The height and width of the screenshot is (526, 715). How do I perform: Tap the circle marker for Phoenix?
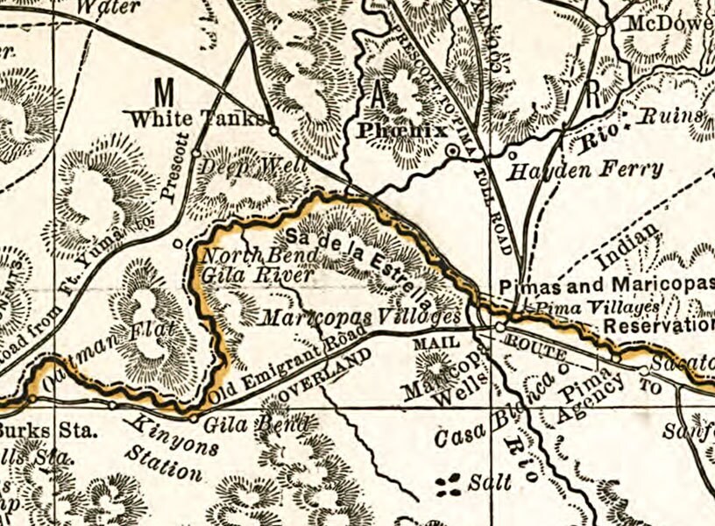(452, 152)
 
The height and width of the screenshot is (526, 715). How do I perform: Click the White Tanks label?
(195, 118)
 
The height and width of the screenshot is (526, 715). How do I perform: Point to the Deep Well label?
(254, 165)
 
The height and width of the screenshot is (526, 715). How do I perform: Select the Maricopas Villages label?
(359, 316)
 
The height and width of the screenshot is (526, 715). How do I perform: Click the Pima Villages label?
(597, 308)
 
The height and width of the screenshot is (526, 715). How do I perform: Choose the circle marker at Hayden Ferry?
(513, 155)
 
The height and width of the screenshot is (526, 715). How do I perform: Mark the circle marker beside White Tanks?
(273, 131)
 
